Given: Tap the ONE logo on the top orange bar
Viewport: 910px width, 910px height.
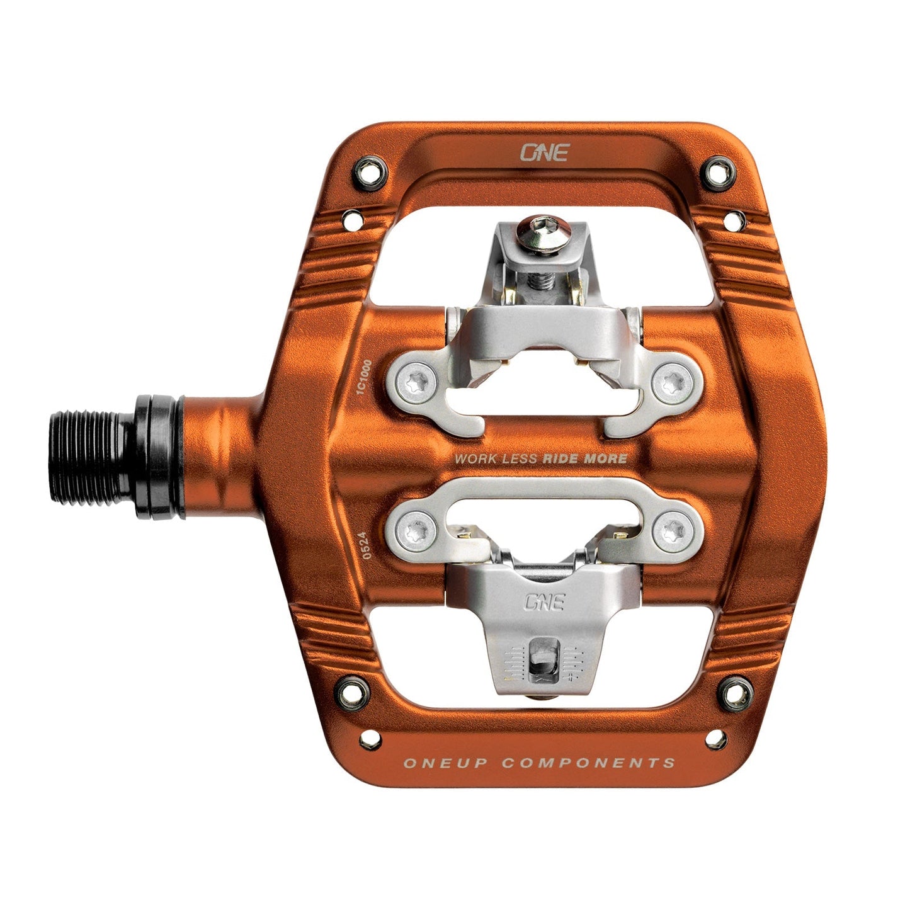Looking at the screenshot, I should [544, 152].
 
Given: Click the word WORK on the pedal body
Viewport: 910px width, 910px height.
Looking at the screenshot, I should [475, 459].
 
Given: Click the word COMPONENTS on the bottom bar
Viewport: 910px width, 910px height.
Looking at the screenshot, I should [588, 763].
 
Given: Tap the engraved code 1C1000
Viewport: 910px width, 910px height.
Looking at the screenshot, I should [363, 377].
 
